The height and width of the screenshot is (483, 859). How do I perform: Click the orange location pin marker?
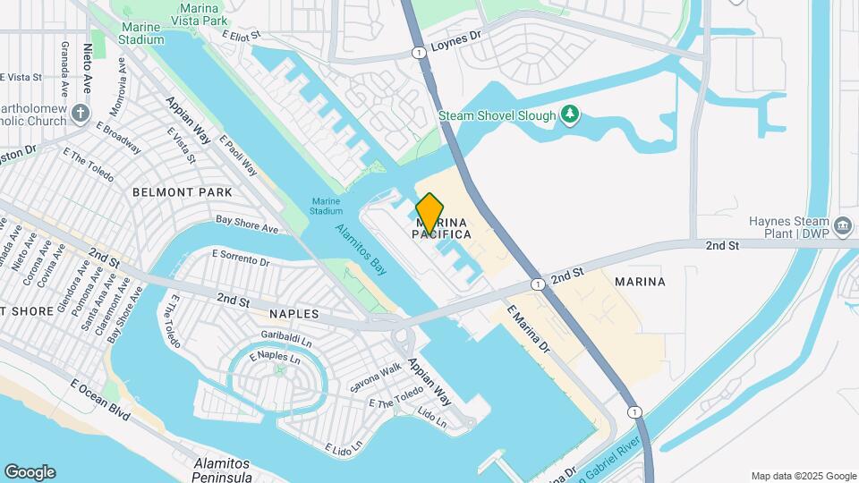[x=429, y=213]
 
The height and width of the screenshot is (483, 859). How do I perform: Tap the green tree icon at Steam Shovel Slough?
[x=569, y=114]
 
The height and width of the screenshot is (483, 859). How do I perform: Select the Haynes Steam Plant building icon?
[x=842, y=225]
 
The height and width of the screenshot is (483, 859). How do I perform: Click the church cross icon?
[x=81, y=114]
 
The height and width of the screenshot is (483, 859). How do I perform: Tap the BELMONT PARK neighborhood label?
[x=182, y=192]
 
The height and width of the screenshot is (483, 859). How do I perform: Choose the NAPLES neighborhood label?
[x=293, y=314]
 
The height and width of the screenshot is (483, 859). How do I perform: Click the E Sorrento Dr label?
[x=241, y=258]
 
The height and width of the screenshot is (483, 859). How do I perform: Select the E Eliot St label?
[x=241, y=35]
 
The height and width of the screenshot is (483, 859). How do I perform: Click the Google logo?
[x=30, y=472]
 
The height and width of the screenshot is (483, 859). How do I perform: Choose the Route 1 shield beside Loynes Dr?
[x=419, y=54]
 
